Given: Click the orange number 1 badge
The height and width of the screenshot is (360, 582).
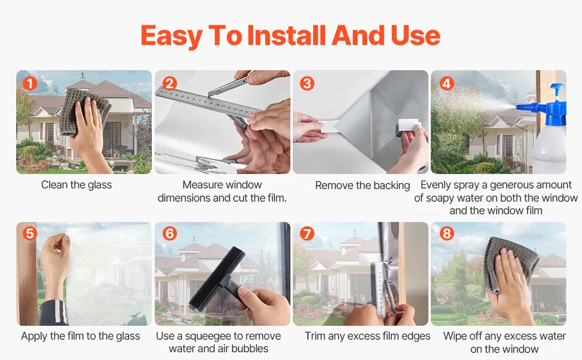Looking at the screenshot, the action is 29,83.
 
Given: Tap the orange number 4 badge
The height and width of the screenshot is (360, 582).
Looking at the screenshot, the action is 446,83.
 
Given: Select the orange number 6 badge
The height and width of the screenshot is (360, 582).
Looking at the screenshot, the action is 170,234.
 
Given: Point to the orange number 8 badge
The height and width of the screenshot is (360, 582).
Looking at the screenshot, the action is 446,234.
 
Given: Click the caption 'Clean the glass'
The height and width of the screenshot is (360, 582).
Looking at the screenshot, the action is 76,185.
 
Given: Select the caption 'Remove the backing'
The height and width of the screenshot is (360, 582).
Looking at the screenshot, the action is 362,185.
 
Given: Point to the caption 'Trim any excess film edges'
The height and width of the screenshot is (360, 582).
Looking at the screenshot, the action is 367,336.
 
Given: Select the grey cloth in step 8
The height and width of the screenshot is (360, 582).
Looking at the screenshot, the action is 511,263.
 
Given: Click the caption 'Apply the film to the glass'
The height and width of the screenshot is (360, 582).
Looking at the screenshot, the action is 80,336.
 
